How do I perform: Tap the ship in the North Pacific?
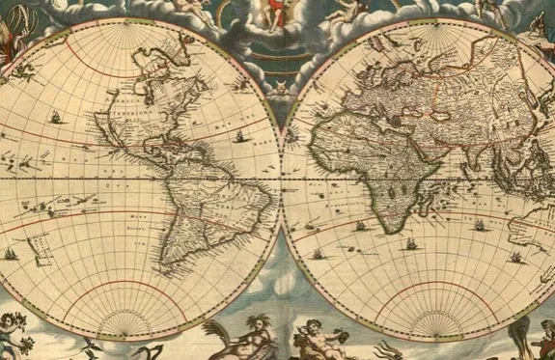(56, 120)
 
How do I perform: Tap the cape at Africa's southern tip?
(392, 233)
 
